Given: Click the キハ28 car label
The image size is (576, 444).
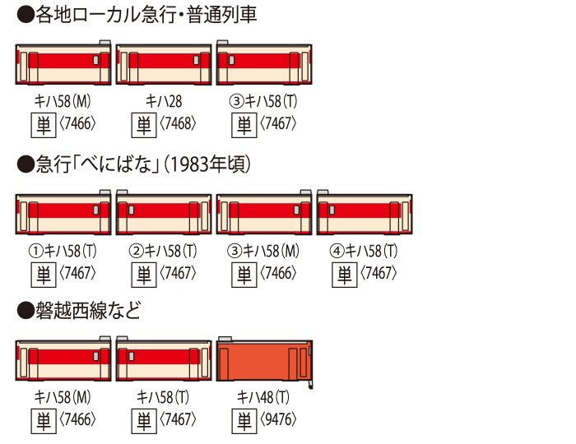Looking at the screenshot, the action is [x=164, y=101].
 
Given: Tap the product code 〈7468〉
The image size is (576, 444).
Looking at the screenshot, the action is [x=178, y=124].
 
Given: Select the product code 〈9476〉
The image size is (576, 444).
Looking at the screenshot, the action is [x=278, y=419].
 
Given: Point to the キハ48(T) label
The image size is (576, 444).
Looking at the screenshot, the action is [x=263, y=397].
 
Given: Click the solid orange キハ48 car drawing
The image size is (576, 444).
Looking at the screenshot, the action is [x=264, y=361].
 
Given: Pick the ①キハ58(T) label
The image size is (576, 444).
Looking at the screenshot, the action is [x=63, y=252].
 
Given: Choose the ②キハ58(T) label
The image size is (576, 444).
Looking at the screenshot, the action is [x=163, y=252].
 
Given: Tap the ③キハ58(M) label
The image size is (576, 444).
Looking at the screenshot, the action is [x=263, y=252].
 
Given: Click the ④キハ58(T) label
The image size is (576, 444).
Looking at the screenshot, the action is [x=364, y=252].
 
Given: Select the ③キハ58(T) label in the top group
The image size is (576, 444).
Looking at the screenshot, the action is [x=263, y=101].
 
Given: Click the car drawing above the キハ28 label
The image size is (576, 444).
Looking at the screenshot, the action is [x=164, y=65].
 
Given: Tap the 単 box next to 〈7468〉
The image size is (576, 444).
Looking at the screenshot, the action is [x=144, y=125].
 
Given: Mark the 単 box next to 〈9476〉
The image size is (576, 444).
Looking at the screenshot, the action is [x=244, y=421].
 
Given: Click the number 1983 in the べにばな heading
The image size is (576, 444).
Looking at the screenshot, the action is [x=188, y=164].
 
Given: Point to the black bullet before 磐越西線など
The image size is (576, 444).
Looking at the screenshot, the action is [x=26, y=311].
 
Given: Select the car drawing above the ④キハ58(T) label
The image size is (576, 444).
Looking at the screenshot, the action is [x=365, y=212].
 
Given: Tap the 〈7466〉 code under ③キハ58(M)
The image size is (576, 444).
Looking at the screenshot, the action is [x=278, y=273].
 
